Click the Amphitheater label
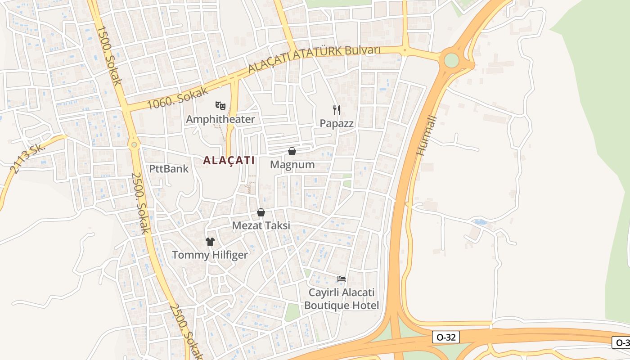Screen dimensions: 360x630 [220, 119]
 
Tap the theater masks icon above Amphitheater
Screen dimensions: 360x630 [220, 106]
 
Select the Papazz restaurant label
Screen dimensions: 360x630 [337, 123]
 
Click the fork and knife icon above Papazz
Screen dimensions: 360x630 [337, 110]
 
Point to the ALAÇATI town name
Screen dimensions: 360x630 [229, 160]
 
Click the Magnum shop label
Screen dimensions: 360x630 [292, 165]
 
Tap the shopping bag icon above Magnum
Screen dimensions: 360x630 [292, 151]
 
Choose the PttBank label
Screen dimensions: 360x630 [169, 169]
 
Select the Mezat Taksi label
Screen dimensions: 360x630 [261, 226]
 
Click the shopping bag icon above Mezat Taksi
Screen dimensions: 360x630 [261, 212]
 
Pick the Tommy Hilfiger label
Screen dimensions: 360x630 [210, 255]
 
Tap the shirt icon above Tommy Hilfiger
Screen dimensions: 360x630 [210, 242]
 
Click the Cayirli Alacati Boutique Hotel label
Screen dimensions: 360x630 [342, 299]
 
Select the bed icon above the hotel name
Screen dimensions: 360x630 [342, 279]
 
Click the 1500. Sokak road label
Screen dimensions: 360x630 [109, 55]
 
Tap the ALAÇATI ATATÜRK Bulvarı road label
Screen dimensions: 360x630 [315, 58]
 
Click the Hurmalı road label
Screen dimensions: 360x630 [427, 135]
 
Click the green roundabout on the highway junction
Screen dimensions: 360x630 [451, 60]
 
